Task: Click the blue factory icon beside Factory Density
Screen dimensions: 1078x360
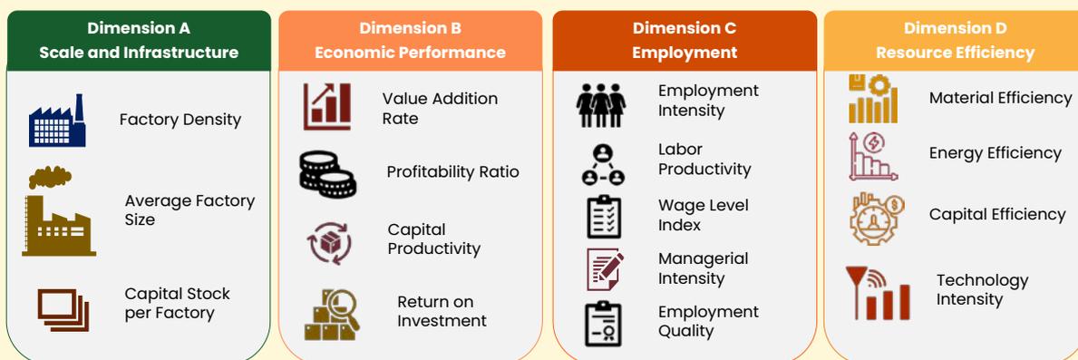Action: click(x=57, y=121)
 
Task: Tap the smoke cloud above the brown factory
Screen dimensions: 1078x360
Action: click(x=50, y=177)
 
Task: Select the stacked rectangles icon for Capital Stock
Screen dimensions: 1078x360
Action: click(x=63, y=310)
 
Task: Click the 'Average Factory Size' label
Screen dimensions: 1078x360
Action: click(x=189, y=210)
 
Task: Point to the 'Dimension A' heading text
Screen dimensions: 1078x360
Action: click(x=139, y=28)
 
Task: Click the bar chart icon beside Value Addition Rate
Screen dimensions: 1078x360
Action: click(x=327, y=106)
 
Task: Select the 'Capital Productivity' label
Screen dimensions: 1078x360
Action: click(x=433, y=239)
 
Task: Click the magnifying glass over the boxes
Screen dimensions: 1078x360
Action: click(x=342, y=308)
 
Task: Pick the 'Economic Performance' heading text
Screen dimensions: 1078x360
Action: click(x=411, y=53)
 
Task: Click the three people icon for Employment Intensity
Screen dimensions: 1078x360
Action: click(x=601, y=106)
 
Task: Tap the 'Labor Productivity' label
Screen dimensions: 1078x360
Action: click(x=704, y=160)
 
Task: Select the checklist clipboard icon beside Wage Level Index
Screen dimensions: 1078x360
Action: click(x=604, y=217)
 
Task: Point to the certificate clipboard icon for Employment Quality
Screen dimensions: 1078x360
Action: click(x=604, y=324)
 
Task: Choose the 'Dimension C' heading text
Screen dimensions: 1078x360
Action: click(x=684, y=28)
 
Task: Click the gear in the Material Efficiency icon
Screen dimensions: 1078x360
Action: click(x=879, y=85)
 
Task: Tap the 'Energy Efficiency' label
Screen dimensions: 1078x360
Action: click(x=995, y=153)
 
